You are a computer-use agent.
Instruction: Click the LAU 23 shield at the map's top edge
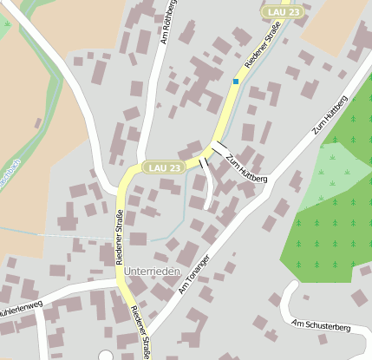pos(284,12)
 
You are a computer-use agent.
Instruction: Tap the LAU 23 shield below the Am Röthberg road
pos(165,167)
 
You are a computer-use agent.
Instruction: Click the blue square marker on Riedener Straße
pos(235,82)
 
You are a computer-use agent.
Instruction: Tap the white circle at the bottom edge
pos(106,356)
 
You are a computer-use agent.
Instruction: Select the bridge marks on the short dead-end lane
pos(204,162)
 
